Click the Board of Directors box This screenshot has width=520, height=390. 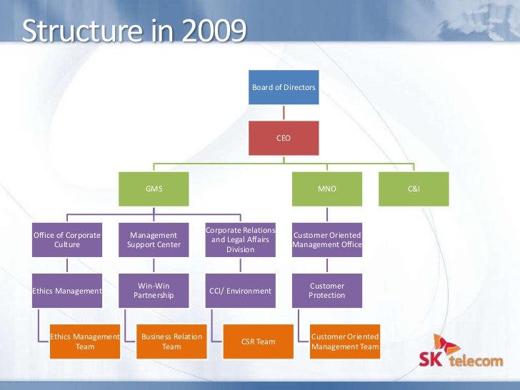(284, 87)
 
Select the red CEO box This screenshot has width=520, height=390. (284, 137)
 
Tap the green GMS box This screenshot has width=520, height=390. (154, 189)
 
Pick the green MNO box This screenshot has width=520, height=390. (327, 189)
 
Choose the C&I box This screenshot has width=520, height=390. (414, 189)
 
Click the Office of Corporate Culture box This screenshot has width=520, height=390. (67, 240)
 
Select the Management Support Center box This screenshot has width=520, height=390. (154, 240)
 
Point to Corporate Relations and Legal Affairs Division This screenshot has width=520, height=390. (240, 240)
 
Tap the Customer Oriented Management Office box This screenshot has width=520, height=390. (327, 240)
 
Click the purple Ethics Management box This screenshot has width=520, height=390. (67, 291)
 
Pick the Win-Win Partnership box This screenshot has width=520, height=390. (154, 291)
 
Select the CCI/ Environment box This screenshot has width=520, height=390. (240, 291)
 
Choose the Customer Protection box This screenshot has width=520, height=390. (327, 291)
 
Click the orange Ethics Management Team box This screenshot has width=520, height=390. (84, 341)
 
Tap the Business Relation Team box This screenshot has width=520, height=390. (171, 341)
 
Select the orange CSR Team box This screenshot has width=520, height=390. (258, 341)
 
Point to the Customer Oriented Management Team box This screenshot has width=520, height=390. (344, 341)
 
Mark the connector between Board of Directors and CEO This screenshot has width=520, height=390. (284, 112)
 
